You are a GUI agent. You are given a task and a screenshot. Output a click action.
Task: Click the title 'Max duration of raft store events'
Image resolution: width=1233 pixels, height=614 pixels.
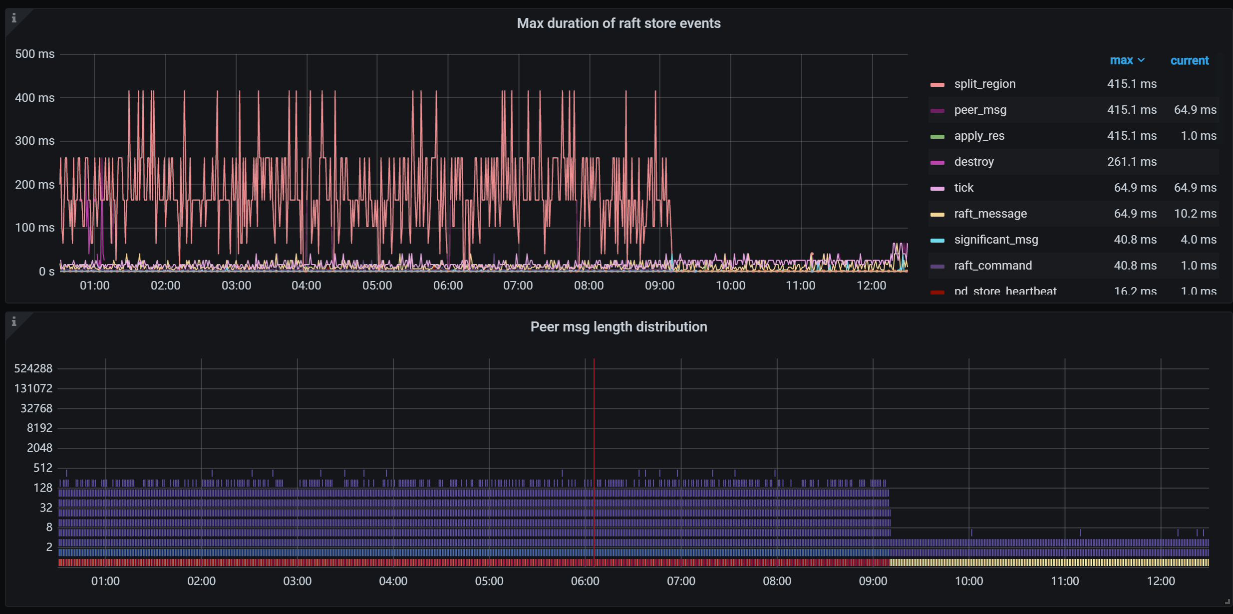coord(618,23)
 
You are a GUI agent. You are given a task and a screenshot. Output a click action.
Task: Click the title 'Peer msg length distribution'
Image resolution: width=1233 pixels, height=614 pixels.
coord(618,327)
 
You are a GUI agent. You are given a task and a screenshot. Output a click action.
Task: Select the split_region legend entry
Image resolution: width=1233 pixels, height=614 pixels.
coord(984,84)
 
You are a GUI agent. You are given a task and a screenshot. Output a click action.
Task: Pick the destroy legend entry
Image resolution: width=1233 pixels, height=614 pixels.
coord(973,162)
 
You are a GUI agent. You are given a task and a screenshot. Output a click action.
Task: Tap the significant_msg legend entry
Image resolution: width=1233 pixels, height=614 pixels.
coord(996,240)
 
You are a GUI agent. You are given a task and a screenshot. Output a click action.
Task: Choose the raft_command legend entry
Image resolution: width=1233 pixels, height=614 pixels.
coord(992,266)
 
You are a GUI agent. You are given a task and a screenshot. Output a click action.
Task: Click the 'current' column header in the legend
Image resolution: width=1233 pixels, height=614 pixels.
coord(1190,61)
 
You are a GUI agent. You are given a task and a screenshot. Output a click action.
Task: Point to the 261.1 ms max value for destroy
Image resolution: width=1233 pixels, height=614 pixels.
coord(1132,162)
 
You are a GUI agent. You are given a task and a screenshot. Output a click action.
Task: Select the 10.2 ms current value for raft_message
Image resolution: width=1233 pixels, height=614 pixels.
coord(1195,214)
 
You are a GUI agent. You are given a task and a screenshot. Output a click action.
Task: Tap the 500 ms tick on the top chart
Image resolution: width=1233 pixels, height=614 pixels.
coord(35,54)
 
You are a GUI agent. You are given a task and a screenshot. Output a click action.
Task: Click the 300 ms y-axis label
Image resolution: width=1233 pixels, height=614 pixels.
coord(35,141)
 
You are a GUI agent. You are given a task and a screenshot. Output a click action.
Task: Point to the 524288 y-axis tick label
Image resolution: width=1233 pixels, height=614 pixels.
coord(33,368)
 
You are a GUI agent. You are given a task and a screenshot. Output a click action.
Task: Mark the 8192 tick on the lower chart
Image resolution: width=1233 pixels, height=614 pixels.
coord(39,428)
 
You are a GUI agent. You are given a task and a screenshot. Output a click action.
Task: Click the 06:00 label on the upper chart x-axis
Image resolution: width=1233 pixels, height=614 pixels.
coord(448,286)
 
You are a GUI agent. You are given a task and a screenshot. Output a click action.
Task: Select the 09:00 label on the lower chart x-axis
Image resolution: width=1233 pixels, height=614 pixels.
coord(873,581)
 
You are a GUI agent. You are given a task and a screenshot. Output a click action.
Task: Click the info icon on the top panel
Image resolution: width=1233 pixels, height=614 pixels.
coord(14,18)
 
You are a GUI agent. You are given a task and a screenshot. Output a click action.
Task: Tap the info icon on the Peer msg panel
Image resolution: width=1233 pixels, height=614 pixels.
coord(14,321)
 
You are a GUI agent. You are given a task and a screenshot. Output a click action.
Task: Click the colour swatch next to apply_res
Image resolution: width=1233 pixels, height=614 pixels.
coord(937,136)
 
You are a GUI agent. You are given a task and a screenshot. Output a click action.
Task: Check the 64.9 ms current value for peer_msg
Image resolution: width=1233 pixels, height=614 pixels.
coord(1195,110)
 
